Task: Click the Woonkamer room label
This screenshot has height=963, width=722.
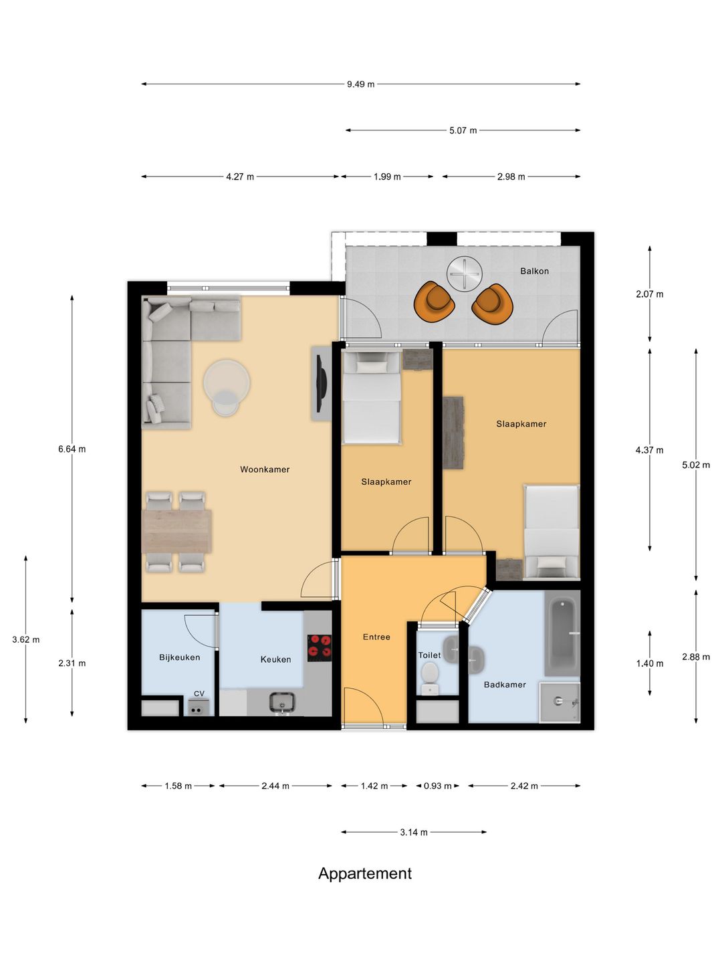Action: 265,469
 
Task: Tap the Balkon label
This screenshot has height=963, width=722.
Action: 534,271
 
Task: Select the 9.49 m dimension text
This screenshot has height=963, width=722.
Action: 360,84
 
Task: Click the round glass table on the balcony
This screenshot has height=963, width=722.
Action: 464,274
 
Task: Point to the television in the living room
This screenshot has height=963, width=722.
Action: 321,383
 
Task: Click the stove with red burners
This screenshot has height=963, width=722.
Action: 320,647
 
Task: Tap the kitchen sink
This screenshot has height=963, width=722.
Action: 282,702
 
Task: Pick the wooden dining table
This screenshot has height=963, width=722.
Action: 177,531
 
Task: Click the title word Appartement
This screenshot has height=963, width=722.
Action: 365,873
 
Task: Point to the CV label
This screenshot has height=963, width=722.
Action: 199,693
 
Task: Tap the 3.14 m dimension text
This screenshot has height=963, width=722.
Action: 413,832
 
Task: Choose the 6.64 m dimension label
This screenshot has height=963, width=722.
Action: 72,449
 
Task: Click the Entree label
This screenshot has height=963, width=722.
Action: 376,637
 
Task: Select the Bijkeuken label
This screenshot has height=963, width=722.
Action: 179,657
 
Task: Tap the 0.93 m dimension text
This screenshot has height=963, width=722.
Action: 437,786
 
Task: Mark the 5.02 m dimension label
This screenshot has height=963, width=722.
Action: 696,465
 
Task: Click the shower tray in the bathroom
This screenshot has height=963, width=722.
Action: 560,702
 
